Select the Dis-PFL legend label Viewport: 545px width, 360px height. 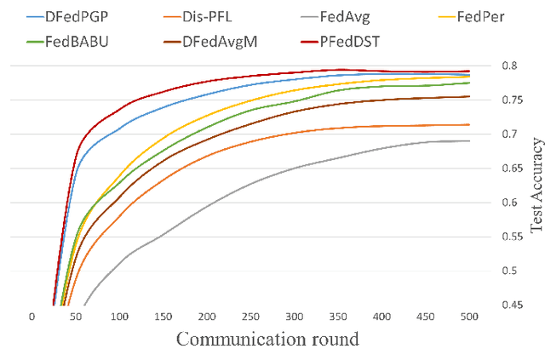coord(230,15)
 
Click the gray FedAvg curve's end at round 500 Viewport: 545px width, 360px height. coord(470,141)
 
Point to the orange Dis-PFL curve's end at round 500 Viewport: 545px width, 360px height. coord(470,125)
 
